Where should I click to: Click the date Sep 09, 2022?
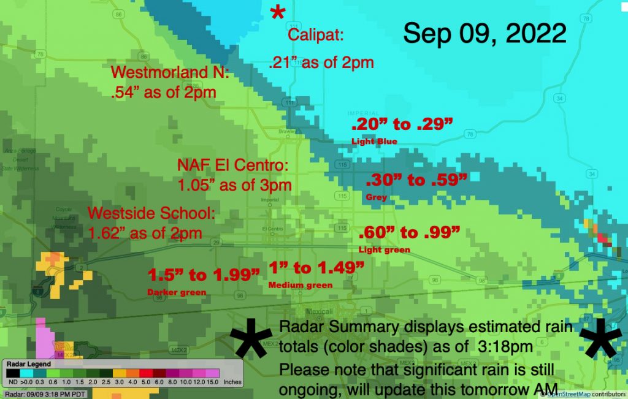(484, 33)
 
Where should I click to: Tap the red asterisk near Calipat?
(278, 13)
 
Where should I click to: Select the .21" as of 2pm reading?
(321, 62)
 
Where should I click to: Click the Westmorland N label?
(170, 73)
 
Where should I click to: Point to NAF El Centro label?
(232, 165)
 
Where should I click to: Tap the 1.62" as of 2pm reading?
(145, 234)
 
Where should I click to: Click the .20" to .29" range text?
(402, 125)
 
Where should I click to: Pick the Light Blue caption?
(374, 142)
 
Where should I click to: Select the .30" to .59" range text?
(416, 181)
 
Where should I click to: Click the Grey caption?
(376, 198)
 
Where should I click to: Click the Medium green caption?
(301, 285)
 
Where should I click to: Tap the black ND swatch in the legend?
(12, 373)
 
